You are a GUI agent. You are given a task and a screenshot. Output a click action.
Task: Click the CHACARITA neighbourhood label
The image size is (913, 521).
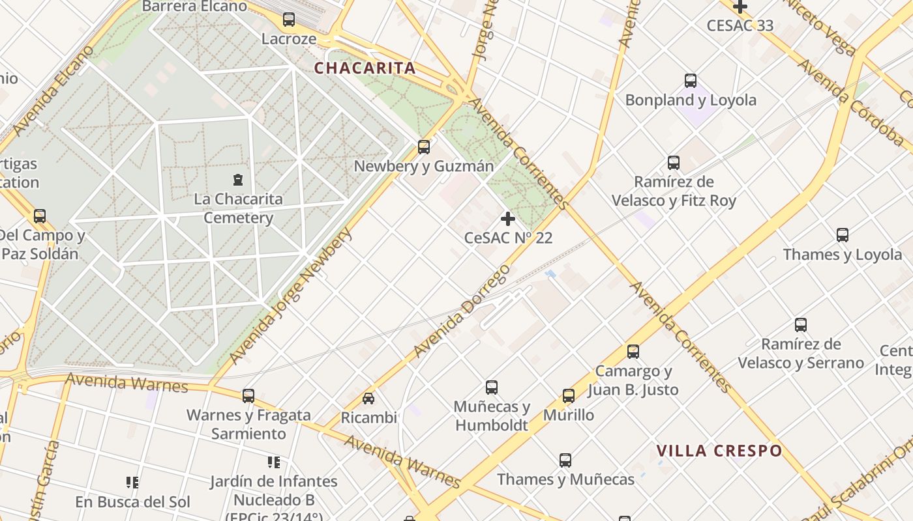tap(365, 68)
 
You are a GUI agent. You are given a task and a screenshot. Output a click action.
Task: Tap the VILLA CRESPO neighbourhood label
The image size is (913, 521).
tap(719, 451)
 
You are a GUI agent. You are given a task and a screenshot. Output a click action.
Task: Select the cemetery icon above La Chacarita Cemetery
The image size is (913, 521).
tap(238, 178)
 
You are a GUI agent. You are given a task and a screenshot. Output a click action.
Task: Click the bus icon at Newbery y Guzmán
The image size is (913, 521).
tap(424, 147)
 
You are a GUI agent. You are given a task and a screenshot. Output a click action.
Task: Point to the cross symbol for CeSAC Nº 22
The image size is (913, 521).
tap(508, 218)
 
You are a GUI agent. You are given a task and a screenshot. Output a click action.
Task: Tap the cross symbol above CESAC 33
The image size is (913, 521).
tap(740, 7)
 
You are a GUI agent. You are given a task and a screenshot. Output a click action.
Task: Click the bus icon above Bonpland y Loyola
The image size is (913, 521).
tap(691, 81)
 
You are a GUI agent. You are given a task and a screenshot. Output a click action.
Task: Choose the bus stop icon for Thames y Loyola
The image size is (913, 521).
tap(843, 235)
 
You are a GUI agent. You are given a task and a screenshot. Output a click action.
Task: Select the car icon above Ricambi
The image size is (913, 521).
tap(368, 398)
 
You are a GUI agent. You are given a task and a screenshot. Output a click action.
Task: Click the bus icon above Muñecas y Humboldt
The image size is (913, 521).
tap(492, 387)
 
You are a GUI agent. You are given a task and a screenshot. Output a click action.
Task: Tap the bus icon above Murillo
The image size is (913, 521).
tap(569, 395)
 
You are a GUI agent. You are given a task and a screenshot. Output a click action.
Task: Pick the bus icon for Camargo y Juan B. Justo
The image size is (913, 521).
tap(633, 352)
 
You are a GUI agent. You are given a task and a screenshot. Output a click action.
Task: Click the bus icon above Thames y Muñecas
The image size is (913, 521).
tap(565, 460)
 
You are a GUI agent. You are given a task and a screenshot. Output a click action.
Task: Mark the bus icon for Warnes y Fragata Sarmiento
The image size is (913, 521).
tap(248, 395)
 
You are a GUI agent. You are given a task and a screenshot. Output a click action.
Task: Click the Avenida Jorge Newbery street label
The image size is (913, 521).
tap(290, 296)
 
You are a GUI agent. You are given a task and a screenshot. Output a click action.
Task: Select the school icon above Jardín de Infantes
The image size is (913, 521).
tap(274, 462)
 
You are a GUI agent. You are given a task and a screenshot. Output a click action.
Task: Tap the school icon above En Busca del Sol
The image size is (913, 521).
tap(132, 483)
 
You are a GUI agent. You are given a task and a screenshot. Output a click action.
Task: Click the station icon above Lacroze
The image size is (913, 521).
tap(289, 20)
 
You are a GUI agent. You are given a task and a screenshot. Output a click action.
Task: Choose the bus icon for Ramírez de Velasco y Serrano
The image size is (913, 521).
tap(801, 324)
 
